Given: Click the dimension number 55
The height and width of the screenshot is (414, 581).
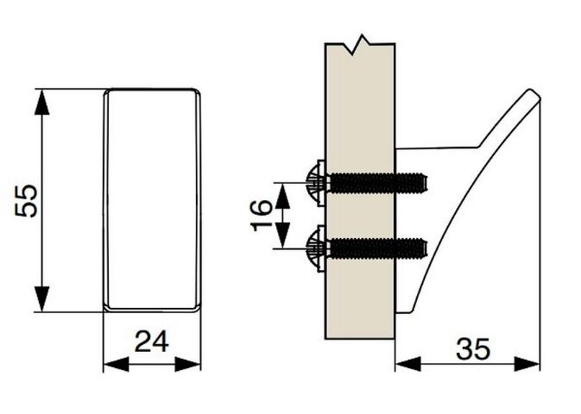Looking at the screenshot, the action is pyautogui.click(x=26, y=200).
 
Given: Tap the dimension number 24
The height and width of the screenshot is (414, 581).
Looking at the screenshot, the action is pyautogui.click(x=152, y=342).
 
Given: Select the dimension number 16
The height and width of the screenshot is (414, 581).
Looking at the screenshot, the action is pyautogui.click(x=262, y=215).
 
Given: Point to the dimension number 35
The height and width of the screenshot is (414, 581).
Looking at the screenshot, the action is pyautogui.click(x=473, y=348).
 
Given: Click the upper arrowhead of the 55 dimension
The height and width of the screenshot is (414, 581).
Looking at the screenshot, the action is pyautogui.click(x=42, y=102).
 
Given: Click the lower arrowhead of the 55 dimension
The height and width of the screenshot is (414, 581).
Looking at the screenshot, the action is pyautogui.click(x=42, y=298).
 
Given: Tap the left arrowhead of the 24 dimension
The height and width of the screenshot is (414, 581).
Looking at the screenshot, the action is pyautogui.click(x=116, y=364).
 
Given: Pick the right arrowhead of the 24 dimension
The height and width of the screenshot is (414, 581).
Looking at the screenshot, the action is pyautogui.click(x=187, y=364).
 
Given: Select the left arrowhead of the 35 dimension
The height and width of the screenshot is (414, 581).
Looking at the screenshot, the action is pyautogui.click(x=408, y=364).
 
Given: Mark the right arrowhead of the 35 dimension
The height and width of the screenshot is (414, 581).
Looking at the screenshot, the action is pyautogui.click(x=527, y=364).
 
